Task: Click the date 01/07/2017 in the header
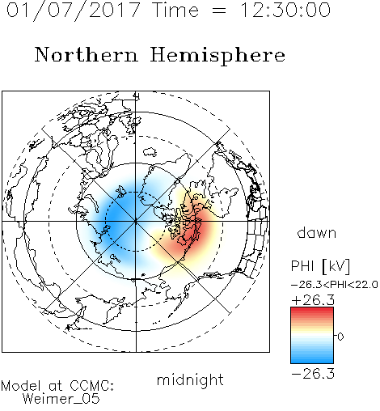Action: (73, 11)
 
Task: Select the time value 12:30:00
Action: (285, 10)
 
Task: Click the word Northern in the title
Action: (87, 54)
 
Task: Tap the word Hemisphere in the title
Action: (217, 55)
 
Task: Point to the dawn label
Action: (317, 232)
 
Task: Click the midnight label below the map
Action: (190, 380)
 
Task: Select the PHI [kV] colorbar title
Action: (320, 266)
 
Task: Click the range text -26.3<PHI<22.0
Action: (334, 285)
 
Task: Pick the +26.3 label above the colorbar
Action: (313, 300)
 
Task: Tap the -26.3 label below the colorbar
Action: (313, 374)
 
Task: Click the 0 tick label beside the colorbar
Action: (340, 337)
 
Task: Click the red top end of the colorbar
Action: (312, 310)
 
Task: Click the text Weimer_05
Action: (61, 399)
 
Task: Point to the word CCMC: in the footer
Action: (91, 386)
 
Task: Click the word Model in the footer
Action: (21, 386)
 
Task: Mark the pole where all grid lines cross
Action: (136, 222)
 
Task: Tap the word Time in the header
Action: (175, 10)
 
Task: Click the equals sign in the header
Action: (219, 11)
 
